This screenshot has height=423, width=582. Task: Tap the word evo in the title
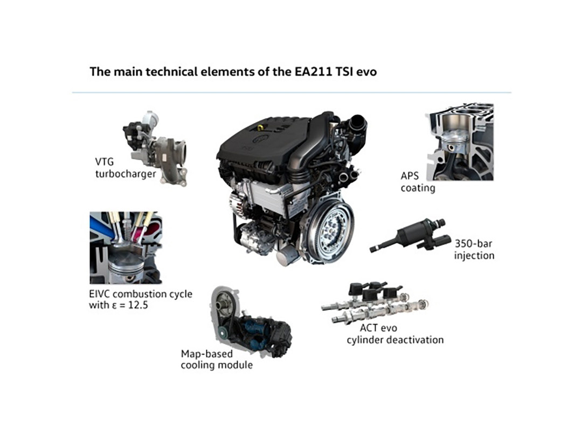[366, 72]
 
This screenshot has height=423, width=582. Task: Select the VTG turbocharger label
[126, 168]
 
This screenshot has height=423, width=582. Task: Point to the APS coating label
[418, 182]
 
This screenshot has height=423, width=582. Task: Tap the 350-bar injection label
[474, 249]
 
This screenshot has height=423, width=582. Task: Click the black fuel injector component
[408, 236]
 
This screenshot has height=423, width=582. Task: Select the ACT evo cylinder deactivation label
[395, 334]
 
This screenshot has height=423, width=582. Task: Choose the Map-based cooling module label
[217, 359]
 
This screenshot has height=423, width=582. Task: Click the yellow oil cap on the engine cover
[261, 127]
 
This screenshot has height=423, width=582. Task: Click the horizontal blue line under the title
[292, 92]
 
